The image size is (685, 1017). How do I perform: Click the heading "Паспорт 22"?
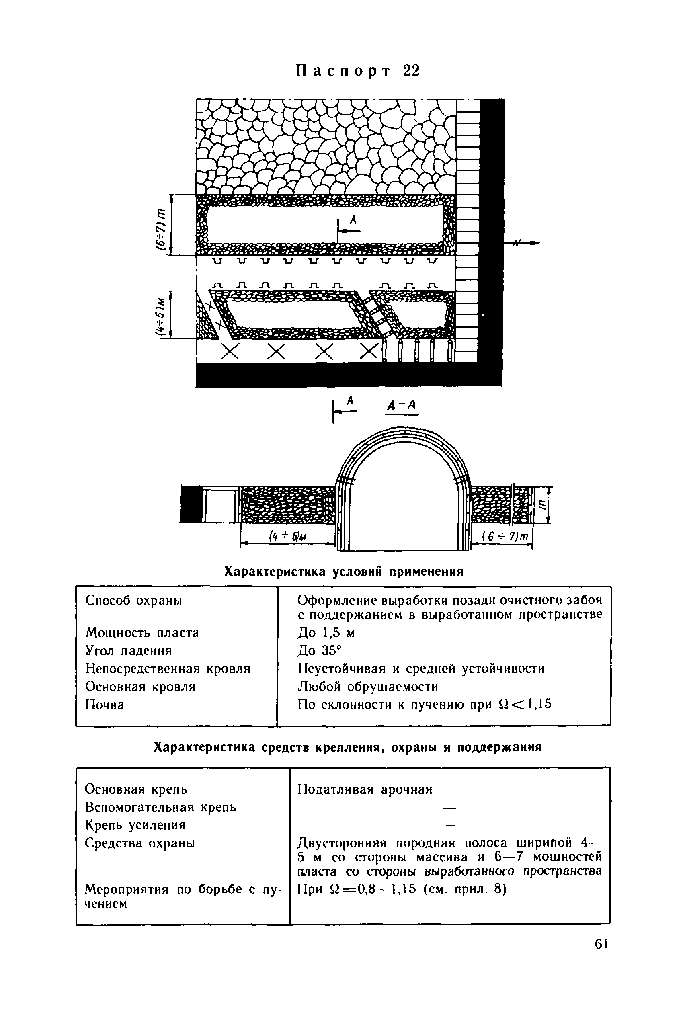click(357, 71)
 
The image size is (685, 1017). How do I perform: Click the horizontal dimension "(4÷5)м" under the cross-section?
click(287, 536)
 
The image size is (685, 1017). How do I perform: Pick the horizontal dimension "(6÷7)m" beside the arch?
click(505, 536)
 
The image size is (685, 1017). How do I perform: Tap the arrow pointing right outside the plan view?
click(529, 243)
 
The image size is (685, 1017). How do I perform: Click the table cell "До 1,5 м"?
click(326, 633)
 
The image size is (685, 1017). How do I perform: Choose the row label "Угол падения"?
click(129, 650)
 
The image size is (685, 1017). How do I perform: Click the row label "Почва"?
click(105, 704)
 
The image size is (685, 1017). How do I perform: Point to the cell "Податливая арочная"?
click(365, 789)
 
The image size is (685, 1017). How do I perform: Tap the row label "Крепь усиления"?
click(135, 825)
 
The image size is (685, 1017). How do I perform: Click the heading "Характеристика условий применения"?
click(343, 571)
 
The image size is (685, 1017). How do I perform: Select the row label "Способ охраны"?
click(134, 600)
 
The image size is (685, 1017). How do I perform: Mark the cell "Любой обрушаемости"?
click(367, 686)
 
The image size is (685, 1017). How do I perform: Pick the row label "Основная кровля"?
click(140, 686)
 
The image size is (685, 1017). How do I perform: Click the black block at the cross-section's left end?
click(191, 504)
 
